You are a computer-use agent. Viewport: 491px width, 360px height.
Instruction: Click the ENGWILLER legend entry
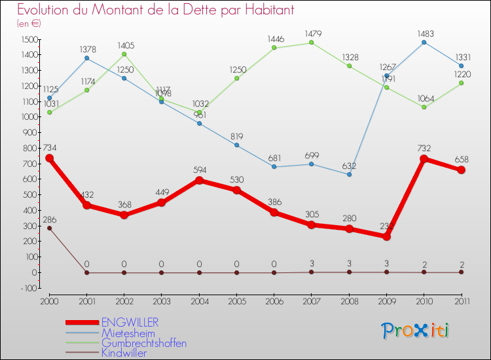coord(130,323)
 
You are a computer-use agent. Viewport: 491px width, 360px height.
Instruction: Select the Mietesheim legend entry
coord(128,333)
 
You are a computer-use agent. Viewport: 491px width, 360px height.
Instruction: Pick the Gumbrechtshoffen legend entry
coord(143,343)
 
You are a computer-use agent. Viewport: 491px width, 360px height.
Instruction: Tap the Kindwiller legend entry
coord(124,353)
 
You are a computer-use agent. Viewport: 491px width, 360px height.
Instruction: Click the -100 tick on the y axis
coord(28,288)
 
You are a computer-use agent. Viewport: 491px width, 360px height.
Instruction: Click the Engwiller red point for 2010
coord(424,159)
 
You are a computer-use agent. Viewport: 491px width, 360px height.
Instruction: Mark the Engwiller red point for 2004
coord(199,180)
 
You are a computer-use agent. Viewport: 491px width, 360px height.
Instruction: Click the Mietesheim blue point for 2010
coord(424,42)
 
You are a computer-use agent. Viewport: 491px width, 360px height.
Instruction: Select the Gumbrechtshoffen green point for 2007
coord(311,43)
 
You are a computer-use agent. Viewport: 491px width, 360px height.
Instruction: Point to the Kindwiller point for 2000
coord(49,228)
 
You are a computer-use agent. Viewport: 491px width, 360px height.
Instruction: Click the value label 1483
coord(424,33)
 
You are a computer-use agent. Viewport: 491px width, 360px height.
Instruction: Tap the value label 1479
coord(311,33)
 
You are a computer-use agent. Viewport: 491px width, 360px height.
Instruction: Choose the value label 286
coord(50,219)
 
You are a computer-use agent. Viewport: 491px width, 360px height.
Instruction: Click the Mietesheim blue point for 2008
coord(349,174)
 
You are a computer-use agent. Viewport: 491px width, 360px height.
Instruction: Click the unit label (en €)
coord(29,23)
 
